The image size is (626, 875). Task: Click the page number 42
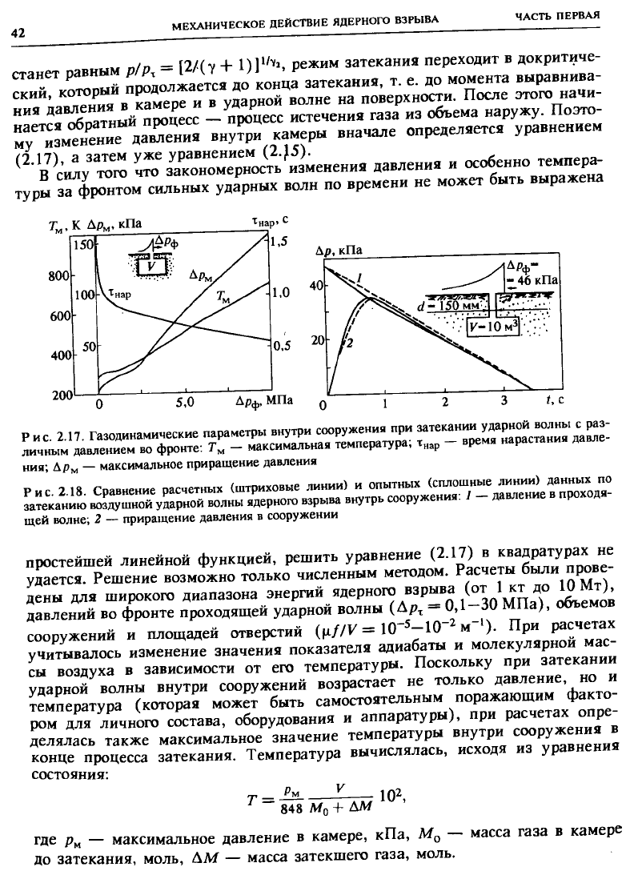tap(18, 33)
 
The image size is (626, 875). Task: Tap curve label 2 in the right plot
tap(347, 343)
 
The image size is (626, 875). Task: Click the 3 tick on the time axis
tap(504, 400)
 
